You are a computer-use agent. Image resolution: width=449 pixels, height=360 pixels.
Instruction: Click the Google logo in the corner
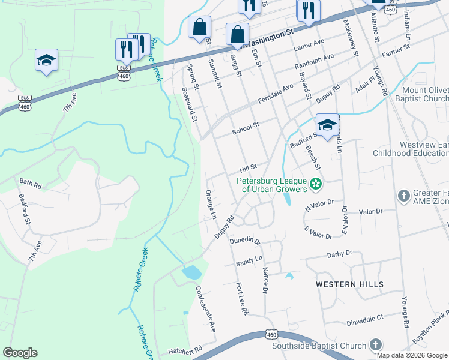(20, 353)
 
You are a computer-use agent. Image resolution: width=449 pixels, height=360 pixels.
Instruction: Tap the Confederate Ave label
(205, 308)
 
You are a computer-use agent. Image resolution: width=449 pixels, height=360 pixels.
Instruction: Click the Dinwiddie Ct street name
(364, 322)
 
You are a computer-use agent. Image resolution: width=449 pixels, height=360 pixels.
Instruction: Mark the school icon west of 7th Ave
(46, 60)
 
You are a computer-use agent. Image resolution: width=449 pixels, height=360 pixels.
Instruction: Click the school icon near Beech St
(327, 125)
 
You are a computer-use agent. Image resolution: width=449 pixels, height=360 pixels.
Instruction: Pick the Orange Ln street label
(210, 205)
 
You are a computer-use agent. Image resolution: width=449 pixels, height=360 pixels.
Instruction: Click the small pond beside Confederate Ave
(191, 272)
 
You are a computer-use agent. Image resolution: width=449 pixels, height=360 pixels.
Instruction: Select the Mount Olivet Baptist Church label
(424, 94)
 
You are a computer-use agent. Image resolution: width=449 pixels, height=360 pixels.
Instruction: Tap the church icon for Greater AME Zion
(403, 196)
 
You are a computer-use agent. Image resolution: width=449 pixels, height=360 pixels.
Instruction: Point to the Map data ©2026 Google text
(412, 355)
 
